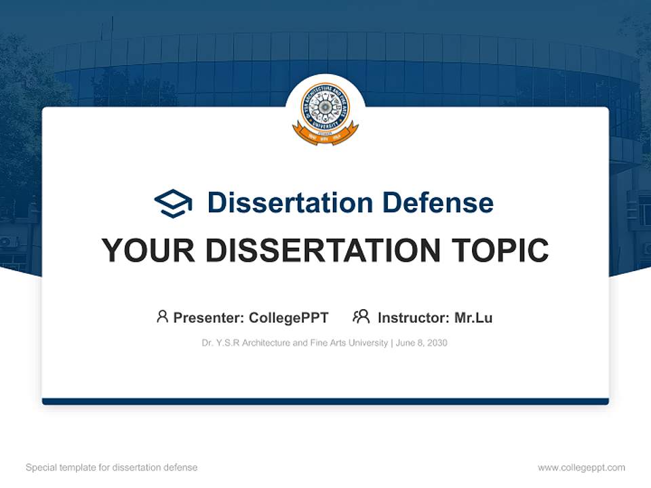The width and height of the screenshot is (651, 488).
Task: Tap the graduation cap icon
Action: pos(173,203)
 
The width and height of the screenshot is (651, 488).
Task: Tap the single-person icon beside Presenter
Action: pos(162,317)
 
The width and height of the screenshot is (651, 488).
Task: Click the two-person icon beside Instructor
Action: pos(361,317)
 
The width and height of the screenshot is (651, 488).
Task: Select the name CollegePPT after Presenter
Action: pos(289,318)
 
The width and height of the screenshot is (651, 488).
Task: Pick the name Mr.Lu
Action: pos(473,318)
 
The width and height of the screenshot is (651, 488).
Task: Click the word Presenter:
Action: pos(209,318)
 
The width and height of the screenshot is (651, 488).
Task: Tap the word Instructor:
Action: pos(413,318)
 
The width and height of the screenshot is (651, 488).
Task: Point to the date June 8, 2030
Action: pos(421,343)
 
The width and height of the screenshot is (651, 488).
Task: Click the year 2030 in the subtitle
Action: pos(437,343)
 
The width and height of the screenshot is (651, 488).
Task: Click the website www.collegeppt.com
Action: pos(581,468)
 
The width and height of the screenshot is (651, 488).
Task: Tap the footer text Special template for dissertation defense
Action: pos(112,468)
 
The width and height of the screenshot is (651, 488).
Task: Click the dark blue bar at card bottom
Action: pos(325,401)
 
